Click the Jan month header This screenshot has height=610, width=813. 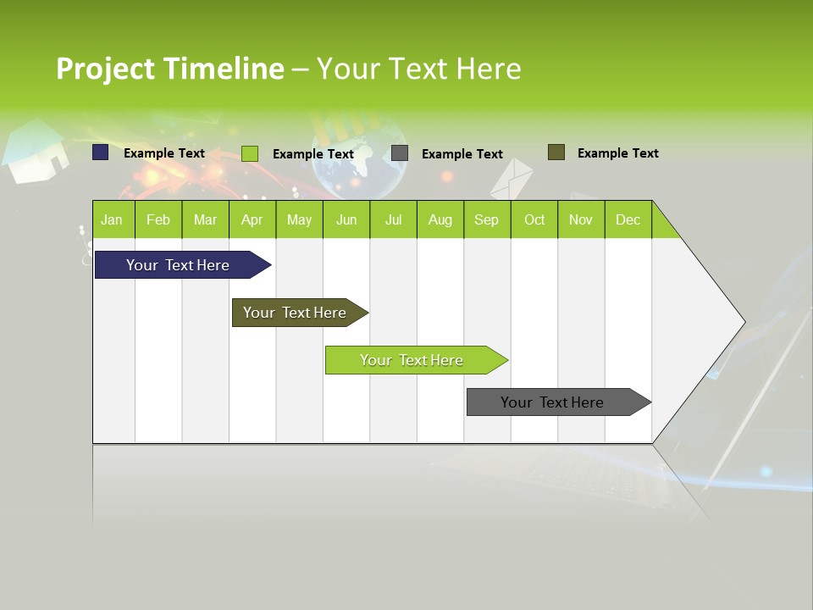point(112,219)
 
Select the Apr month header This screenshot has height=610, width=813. point(252,219)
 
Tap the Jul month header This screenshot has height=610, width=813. point(393,219)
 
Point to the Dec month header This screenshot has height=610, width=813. point(628,219)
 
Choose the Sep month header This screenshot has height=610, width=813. point(486,219)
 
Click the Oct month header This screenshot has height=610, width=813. point(534,219)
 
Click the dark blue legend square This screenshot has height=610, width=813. point(101,152)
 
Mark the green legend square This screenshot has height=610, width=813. point(250,153)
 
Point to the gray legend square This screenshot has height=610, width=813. point(400,153)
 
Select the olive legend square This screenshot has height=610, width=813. point(556,152)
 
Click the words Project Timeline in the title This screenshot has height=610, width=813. point(169,69)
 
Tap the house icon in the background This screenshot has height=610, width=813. point(36,152)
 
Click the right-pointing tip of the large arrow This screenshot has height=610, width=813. point(740,322)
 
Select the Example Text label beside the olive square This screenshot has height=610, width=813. point(617,153)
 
